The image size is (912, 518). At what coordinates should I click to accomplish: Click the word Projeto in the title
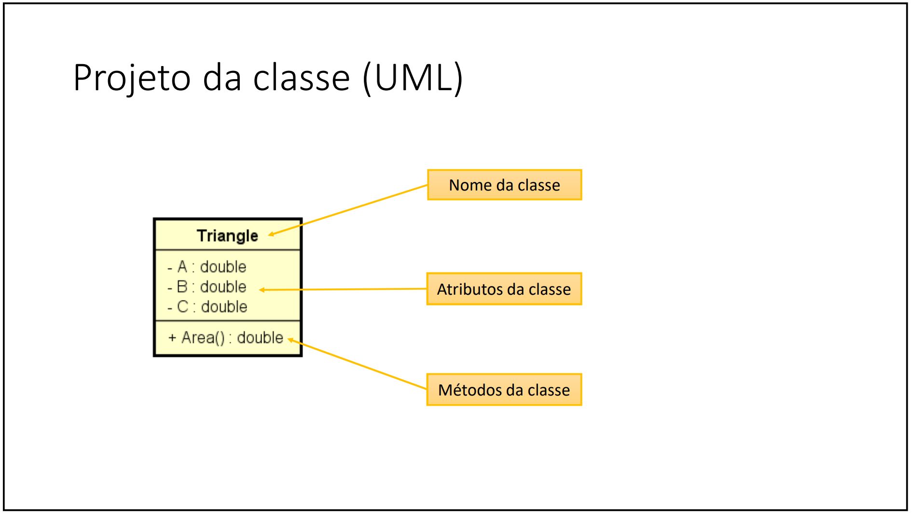click(132, 78)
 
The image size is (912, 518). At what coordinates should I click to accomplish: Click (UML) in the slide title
click(413, 78)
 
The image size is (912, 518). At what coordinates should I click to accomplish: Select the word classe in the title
click(301, 78)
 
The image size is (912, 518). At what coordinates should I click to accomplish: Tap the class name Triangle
click(227, 236)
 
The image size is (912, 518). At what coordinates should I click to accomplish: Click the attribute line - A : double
click(207, 267)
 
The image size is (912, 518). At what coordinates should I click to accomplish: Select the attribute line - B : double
click(207, 287)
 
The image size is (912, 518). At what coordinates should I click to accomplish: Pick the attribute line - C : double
click(207, 307)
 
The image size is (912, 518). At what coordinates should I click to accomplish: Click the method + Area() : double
click(225, 338)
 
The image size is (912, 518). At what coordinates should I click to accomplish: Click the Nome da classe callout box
click(504, 185)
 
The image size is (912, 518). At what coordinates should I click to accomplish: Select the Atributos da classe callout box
click(504, 289)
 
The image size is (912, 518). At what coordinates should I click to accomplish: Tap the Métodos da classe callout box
click(504, 390)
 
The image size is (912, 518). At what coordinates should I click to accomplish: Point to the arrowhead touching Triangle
click(271, 234)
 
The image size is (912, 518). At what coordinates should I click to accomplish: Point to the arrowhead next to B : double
click(262, 290)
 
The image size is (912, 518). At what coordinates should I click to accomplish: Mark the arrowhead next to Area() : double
click(290, 340)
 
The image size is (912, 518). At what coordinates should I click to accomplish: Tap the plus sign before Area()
click(172, 338)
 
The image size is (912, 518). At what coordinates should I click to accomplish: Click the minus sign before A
click(170, 268)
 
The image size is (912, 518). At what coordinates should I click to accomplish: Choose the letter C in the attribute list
click(183, 307)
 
